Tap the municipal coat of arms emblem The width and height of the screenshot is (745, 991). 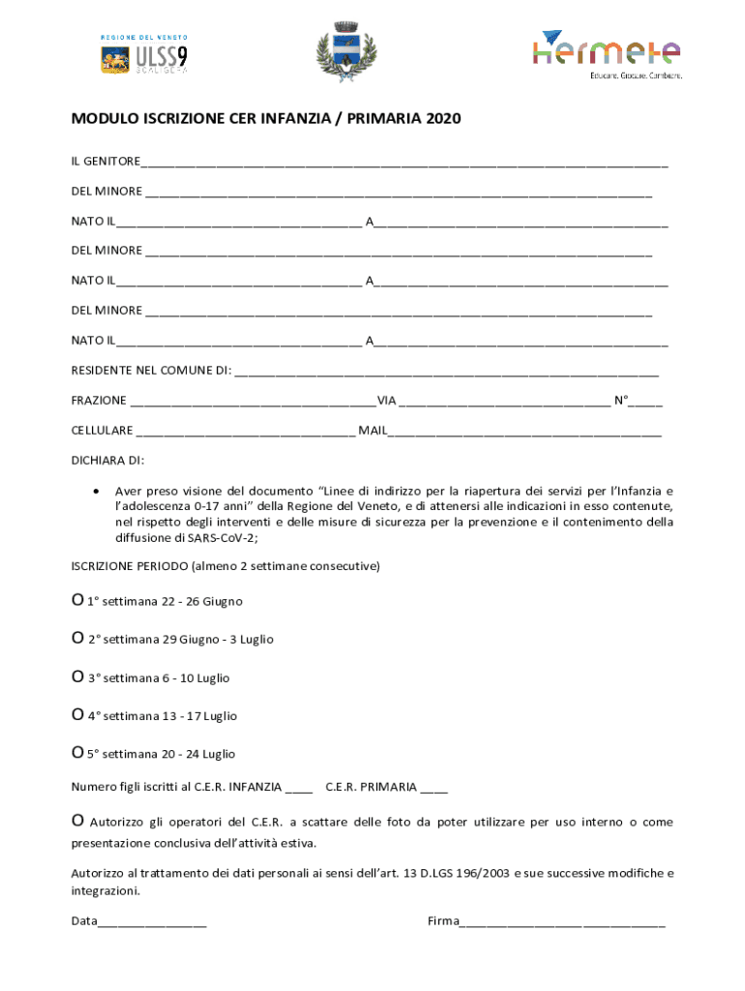click(x=346, y=52)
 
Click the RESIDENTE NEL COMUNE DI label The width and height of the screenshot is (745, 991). click(x=151, y=370)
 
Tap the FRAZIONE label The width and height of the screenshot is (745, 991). click(x=99, y=400)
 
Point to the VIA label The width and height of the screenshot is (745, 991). click(x=386, y=400)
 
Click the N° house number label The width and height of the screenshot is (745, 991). click(x=621, y=400)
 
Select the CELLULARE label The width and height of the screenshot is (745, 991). click(x=103, y=430)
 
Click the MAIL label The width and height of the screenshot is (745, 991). click(x=372, y=430)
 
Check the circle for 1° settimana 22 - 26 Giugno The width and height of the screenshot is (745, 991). click(x=77, y=601)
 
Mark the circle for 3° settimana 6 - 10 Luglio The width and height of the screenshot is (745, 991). click(x=77, y=677)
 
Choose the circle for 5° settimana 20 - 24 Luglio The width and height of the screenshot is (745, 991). click(x=77, y=753)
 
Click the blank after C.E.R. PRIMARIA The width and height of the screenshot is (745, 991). click(x=434, y=788)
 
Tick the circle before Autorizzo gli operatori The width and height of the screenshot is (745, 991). click(x=77, y=822)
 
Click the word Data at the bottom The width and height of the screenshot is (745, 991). click(x=84, y=921)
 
